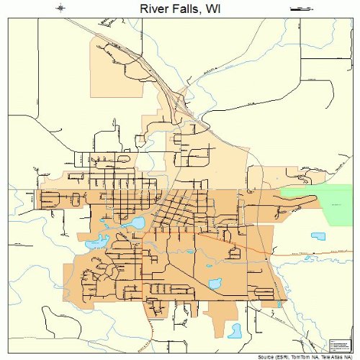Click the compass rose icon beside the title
tap(61, 8)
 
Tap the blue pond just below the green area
tap(318, 235)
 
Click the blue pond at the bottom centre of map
tap(235, 330)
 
